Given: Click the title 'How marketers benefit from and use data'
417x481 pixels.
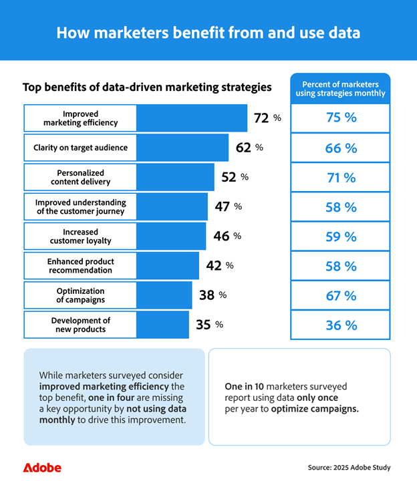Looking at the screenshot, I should point(208,33).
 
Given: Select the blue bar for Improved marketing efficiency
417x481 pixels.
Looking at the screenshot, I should point(192,118).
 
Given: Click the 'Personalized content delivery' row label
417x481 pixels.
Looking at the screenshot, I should point(80,177).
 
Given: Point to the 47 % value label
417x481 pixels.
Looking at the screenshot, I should point(228,206).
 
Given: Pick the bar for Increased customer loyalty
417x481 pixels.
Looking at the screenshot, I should point(171,236).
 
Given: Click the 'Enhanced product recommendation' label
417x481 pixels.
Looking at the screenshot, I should point(80,265).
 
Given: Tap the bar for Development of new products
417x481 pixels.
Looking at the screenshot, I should point(162,325).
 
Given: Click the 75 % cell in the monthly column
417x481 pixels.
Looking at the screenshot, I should point(341,118).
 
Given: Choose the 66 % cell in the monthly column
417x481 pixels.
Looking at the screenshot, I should point(341,148).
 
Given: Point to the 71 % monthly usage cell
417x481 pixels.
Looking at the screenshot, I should point(341,177).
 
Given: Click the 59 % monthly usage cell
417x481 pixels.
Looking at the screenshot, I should point(341,236).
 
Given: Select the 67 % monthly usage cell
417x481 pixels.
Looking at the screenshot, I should point(341,295).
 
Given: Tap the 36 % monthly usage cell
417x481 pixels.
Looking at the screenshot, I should point(341,325).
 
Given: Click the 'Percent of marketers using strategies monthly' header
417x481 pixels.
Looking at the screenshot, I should point(341,89).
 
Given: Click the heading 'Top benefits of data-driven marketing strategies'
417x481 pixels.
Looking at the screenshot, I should point(147,87).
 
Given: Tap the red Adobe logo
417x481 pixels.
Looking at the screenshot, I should point(41,467).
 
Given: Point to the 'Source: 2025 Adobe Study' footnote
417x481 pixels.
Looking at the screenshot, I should point(349,467).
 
